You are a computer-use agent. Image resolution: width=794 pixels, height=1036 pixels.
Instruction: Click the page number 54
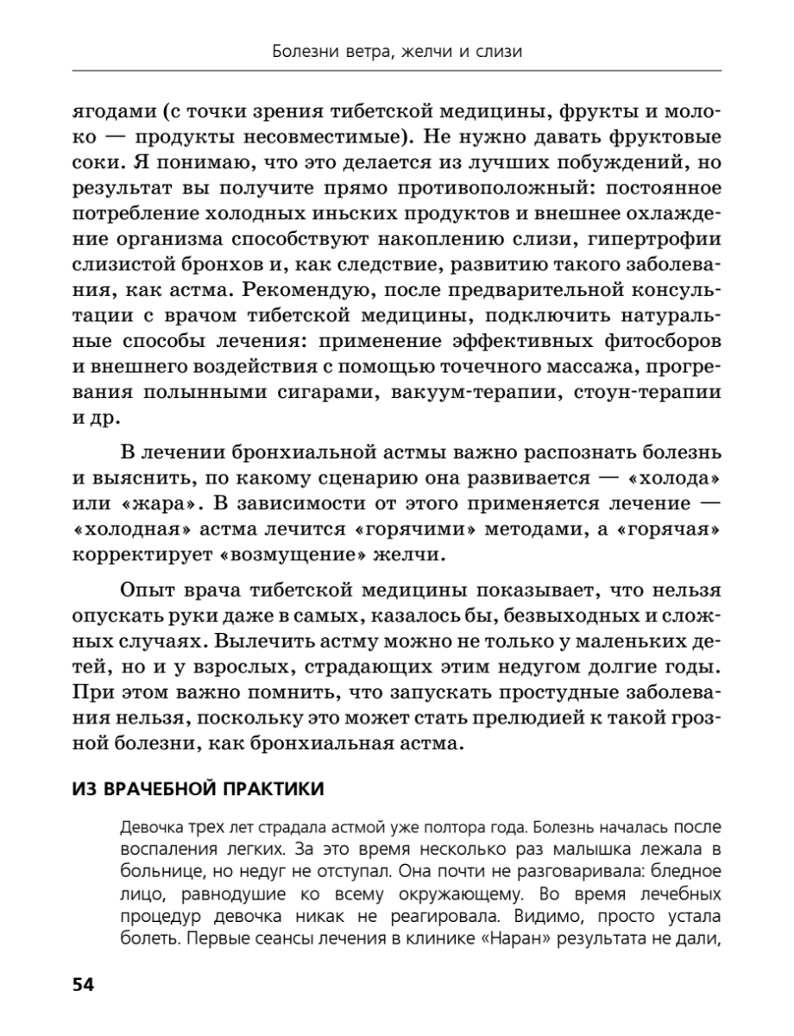(83, 985)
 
